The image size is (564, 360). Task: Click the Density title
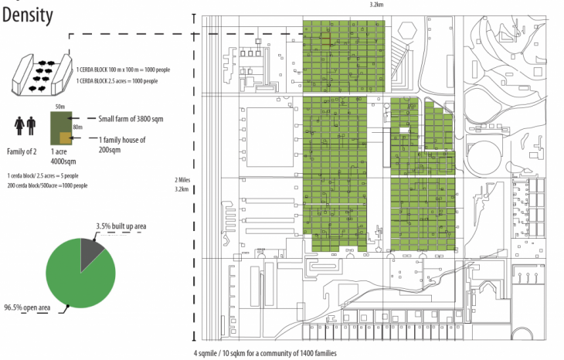tap(28, 15)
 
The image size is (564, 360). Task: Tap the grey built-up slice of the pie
tap(90, 251)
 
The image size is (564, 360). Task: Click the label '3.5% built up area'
tap(121, 226)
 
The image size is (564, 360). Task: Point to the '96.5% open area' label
tap(27, 307)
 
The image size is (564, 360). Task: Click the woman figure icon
tap(19, 126)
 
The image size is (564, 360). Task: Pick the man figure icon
tap(32, 126)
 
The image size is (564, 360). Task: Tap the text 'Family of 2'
tap(22, 151)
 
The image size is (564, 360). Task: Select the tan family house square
tap(66, 138)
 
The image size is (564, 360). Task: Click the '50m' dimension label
tap(60, 107)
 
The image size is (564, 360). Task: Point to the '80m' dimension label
tap(78, 127)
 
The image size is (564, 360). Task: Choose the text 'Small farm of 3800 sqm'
tap(131, 119)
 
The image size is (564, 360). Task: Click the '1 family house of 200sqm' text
tap(122, 144)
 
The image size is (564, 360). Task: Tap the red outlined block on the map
tap(325, 39)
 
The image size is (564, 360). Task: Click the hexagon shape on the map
tap(407, 30)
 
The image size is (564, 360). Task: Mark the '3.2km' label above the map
tap(376, 5)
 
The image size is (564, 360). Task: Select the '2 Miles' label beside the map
tap(183, 180)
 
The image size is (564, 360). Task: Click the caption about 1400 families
tap(265, 353)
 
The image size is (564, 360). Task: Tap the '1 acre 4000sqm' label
tap(63, 157)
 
